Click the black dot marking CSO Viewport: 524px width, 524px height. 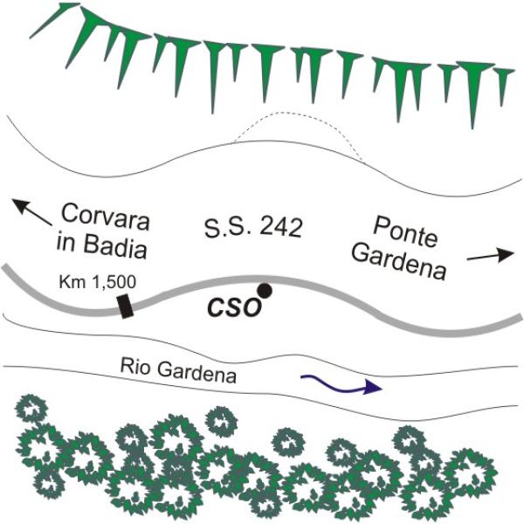point(264,289)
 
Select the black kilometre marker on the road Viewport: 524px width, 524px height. point(126,306)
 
